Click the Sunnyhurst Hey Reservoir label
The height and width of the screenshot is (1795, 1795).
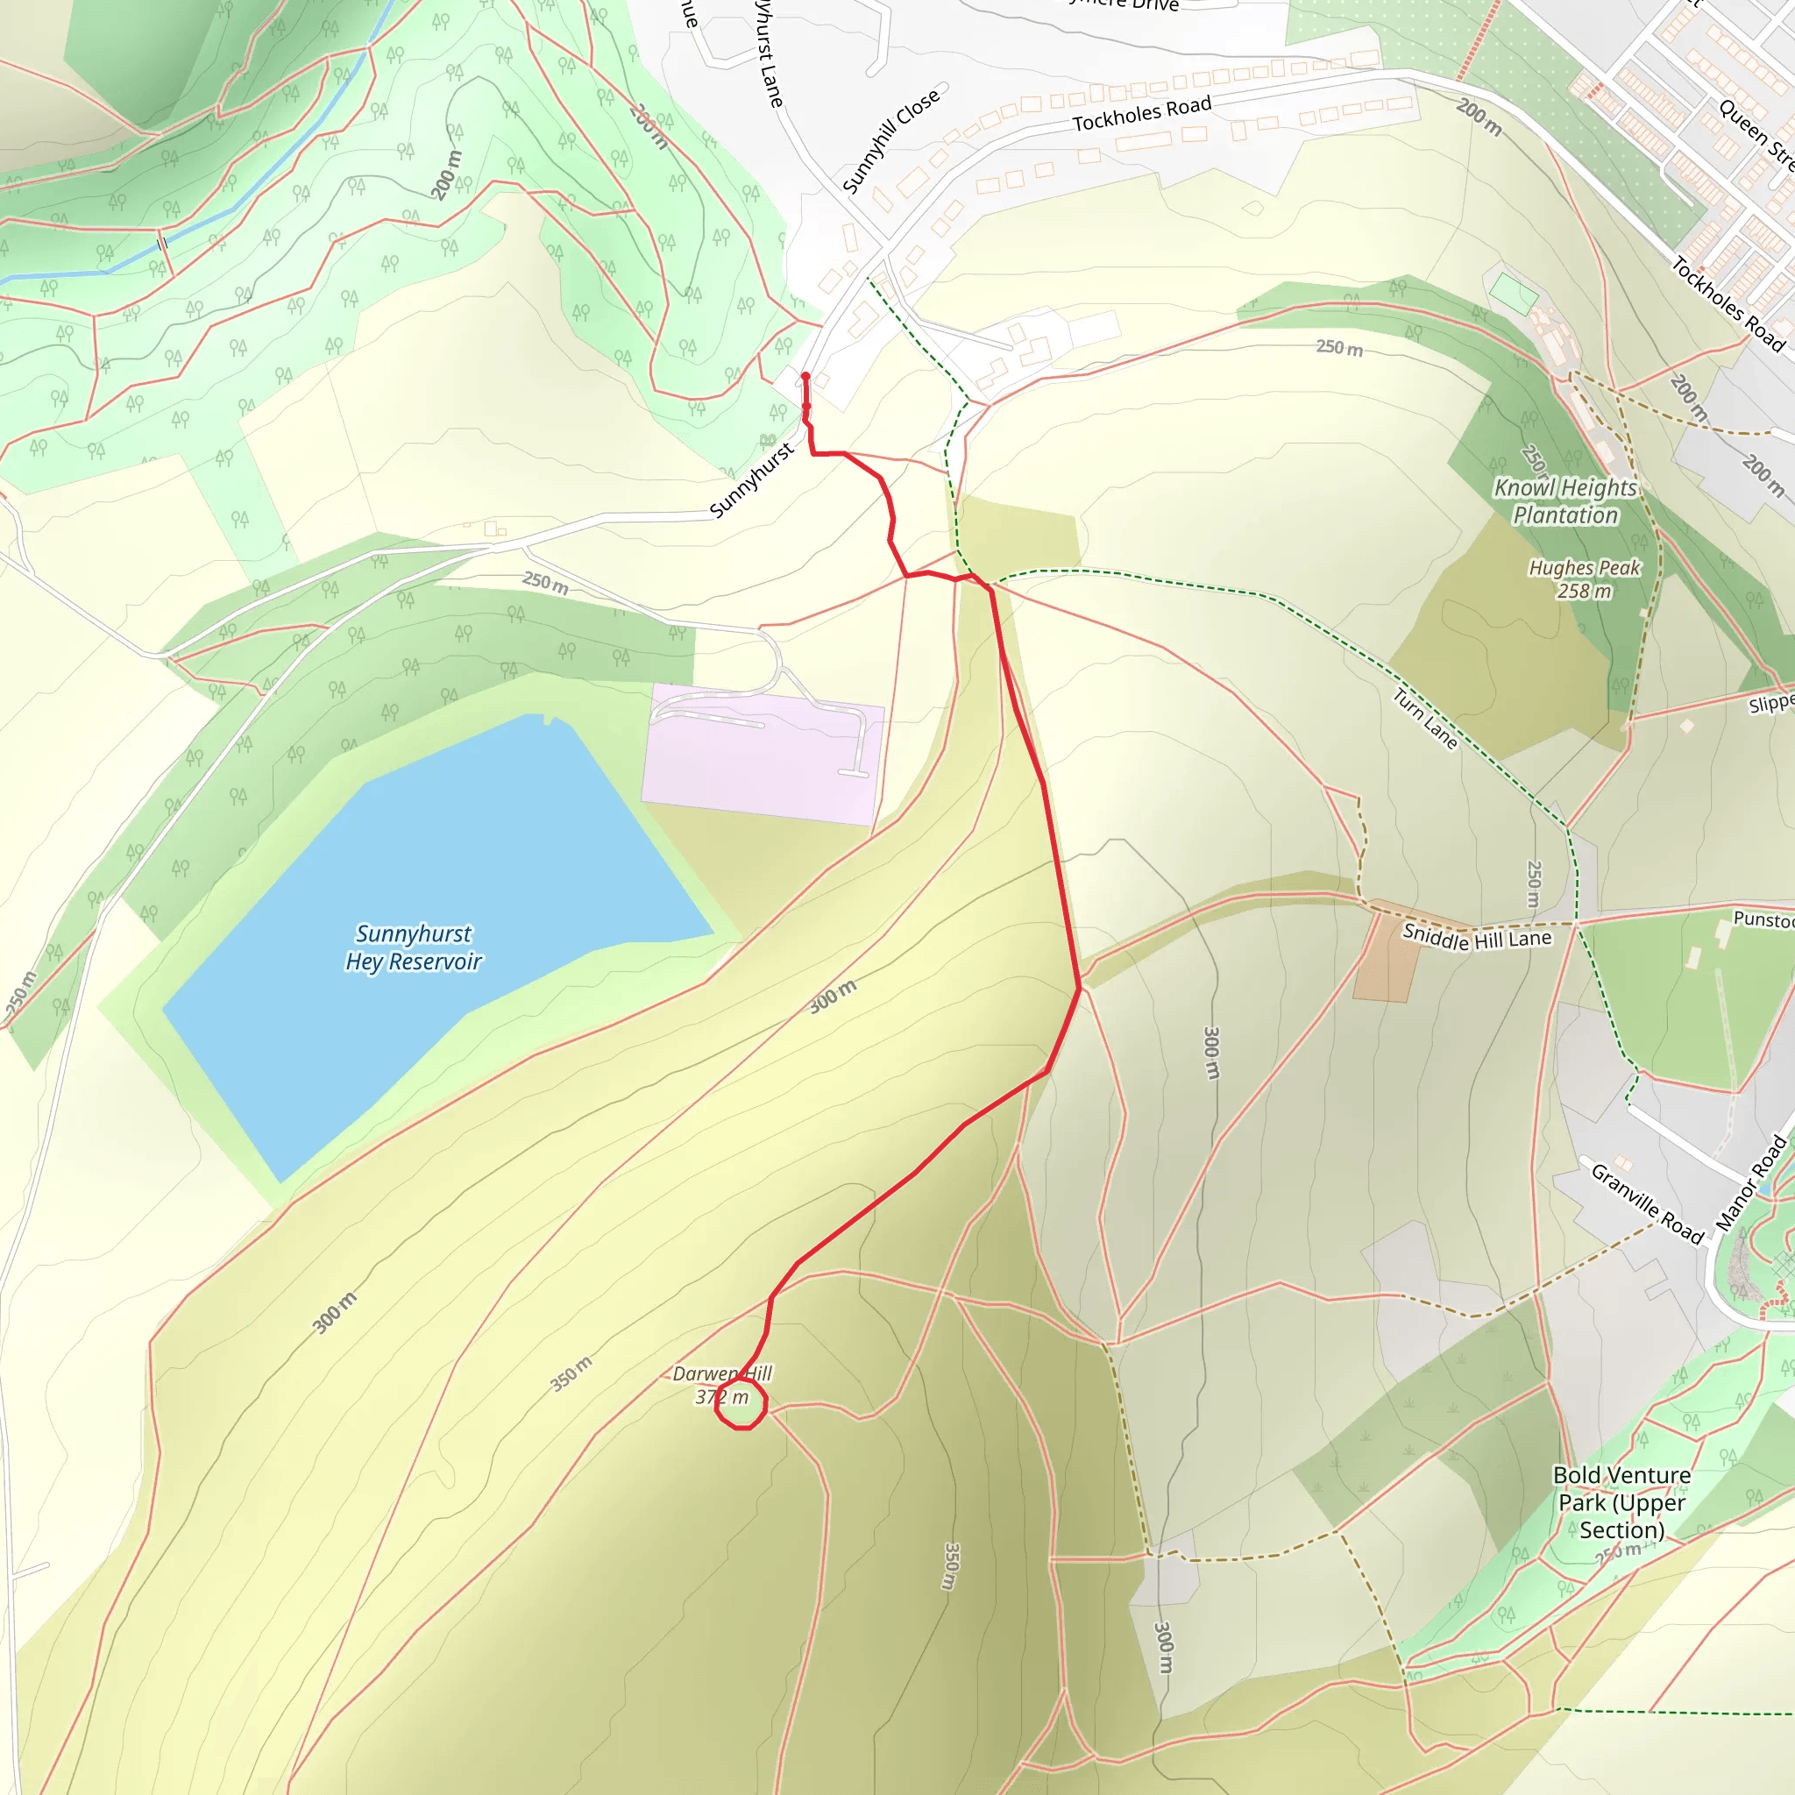pyautogui.click(x=413, y=947)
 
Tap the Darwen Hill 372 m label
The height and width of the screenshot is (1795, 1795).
pyautogui.click(x=721, y=1384)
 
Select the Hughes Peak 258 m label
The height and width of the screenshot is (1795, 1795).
pyautogui.click(x=1584, y=578)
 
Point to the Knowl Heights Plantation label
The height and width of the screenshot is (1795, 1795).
pyautogui.click(x=1565, y=500)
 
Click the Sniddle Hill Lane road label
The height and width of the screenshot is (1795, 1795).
pyautogui.click(x=1476, y=938)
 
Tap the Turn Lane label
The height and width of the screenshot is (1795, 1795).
pyautogui.click(x=1425, y=718)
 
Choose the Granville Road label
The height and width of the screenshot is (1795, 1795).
pyautogui.click(x=1647, y=1203)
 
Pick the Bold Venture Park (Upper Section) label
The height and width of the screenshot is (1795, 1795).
pyautogui.click(x=1621, y=1502)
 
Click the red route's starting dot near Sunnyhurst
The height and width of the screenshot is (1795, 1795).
pyautogui.click(x=805, y=377)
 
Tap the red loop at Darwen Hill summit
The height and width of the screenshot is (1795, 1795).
pyautogui.click(x=741, y=1404)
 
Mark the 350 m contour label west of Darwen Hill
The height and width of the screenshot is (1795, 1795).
pyautogui.click(x=571, y=1374)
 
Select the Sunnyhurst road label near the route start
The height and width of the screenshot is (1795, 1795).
pyautogui.click(x=751, y=480)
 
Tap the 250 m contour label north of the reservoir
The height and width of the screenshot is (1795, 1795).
pyautogui.click(x=544, y=583)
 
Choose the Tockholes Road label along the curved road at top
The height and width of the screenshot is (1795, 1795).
pyautogui.click(x=1142, y=113)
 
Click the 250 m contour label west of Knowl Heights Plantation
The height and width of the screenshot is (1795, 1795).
pyautogui.click(x=1339, y=347)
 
